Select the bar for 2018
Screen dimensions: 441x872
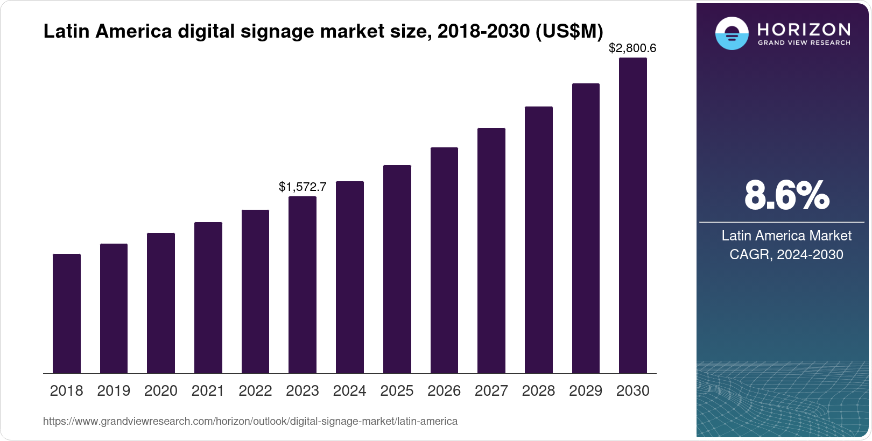[x=67, y=314]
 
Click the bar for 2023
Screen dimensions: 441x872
[x=303, y=285]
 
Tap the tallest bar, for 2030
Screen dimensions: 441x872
[x=633, y=215]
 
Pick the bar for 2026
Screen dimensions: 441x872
[x=444, y=260]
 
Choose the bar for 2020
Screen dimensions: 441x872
[x=161, y=303]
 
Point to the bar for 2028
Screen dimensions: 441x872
[x=539, y=240]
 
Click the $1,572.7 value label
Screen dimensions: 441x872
[x=303, y=187]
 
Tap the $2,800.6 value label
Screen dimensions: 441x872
[x=632, y=48]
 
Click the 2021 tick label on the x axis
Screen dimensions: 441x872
[x=208, y=391]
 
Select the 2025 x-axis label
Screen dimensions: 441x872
[x=397, y=391]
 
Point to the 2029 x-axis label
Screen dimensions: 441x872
[x=586, y=391]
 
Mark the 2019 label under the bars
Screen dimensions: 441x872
[x=114, y=391]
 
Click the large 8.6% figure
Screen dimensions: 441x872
[x=786, y=196]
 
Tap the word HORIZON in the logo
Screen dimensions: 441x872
[x=804, y=29]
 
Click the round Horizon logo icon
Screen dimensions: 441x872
[x=732, y=33]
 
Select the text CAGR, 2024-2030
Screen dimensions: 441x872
[x=786, y=254]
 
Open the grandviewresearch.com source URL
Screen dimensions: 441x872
[x=250, y=421]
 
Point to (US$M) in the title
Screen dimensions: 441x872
[x=569, y=31]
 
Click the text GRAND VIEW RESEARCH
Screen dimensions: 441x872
[x=804, y=42]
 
